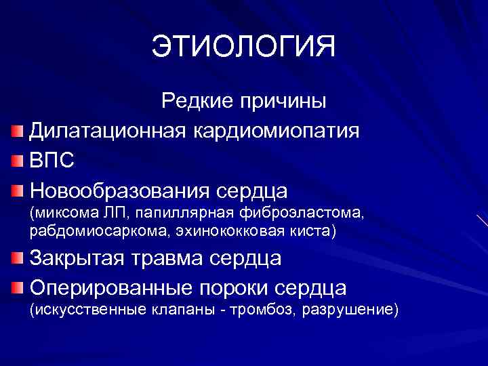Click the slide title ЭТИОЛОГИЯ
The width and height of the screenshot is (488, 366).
point(243,47)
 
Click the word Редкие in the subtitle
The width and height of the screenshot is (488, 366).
point(196,102)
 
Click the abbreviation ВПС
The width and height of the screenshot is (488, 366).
point(52,161)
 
